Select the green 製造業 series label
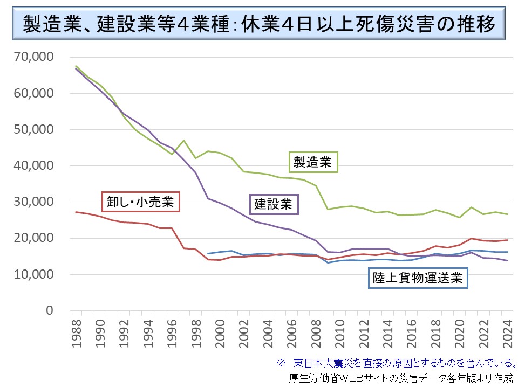pyautogui.click(x=312, y=161)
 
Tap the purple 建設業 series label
pyautogui.click(x=273, y=204)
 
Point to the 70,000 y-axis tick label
pyautogui.click(x=33, y=57)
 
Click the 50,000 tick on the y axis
pyautogui.click(x=33, y=129)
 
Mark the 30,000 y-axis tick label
pyautogui.click(x=33, y=202)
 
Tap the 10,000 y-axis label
pyautogui.click(x=33, y=274)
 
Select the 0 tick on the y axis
pyautogui.click(x=49, y=310)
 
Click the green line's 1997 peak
pyautogui.click(x=183, y=141)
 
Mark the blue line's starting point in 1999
pyautogui.click(x=208, y=253)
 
